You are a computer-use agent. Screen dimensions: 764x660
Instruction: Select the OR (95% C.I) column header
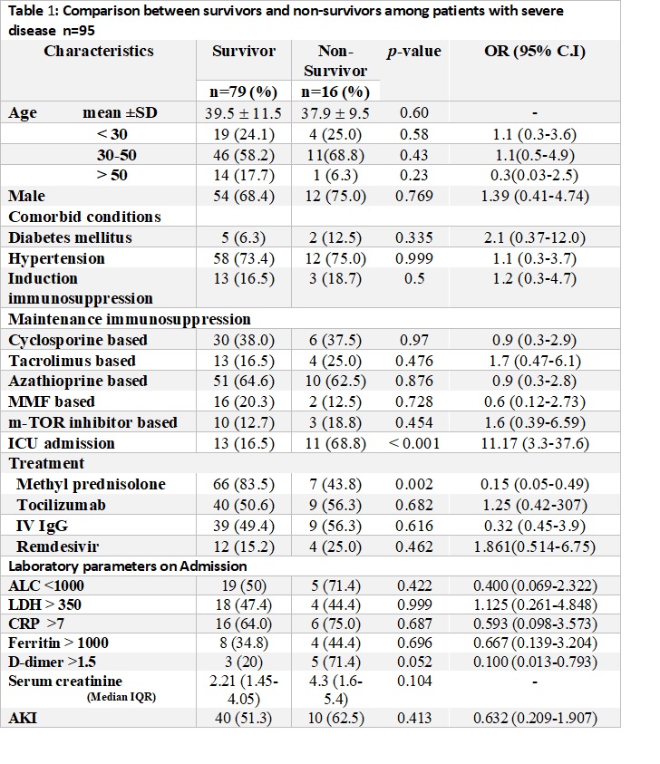(534, 52)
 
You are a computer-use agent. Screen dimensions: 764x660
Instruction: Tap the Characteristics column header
(99, 52)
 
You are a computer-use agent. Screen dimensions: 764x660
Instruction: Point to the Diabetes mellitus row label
(70, 237)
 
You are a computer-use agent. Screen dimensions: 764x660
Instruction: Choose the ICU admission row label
(62, 443)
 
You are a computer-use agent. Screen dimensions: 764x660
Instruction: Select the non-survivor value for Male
(335, 196)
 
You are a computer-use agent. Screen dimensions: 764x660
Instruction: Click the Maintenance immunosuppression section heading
(130, 319)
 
